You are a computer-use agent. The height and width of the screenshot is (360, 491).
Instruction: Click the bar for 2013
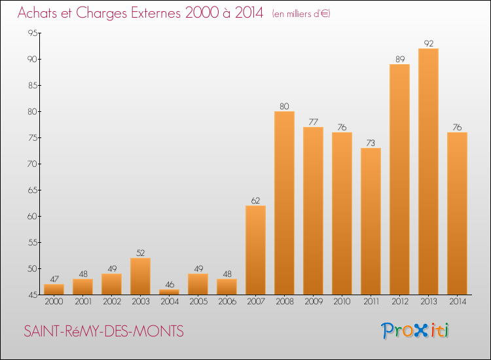click(428, 171)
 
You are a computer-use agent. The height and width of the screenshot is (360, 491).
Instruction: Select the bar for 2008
click(284, 203)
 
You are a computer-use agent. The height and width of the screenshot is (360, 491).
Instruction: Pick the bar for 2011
click(371, 221)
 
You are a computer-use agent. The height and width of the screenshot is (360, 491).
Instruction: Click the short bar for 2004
click(169, 292)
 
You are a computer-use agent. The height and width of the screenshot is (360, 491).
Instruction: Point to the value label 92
click(428, 43)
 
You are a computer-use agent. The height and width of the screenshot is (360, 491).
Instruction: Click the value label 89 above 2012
click(399, 59)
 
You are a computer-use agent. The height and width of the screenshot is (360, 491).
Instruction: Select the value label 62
click(255, 200)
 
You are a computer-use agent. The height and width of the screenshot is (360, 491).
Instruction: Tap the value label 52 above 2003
click(140, 253)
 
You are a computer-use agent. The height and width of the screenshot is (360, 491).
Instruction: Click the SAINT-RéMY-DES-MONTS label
click(103, 332)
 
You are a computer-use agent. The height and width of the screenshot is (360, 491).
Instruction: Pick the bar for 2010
click(342, 213)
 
